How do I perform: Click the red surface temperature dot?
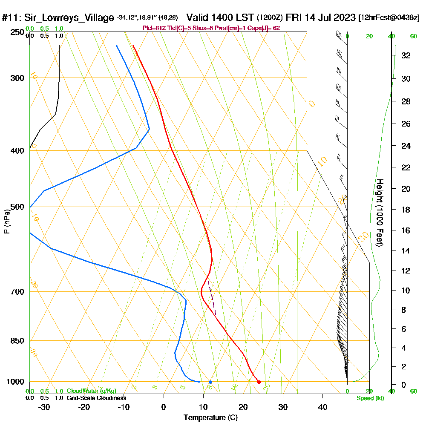point(259,382)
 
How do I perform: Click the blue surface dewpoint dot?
point(210,382)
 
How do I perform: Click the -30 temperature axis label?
point(44,407)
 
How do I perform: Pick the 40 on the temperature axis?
point(322,407)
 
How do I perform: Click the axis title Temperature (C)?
point(210,418)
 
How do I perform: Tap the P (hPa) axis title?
point(6,222)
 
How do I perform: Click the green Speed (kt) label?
point(370,398)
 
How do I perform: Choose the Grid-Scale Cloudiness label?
point(96,398)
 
